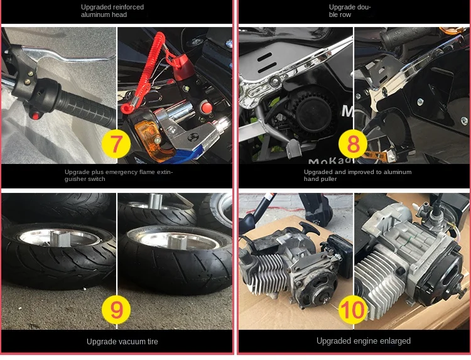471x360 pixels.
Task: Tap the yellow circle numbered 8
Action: (x=353, y=144)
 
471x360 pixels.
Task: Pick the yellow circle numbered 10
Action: (x=354, y=308)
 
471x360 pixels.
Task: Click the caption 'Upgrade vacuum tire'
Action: (x=122, y=342)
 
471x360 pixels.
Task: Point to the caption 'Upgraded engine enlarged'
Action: (x=364, y=341)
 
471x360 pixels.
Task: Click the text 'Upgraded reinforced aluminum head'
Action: (x=112, y=11)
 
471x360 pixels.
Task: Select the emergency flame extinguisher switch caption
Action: (x=118, y=175)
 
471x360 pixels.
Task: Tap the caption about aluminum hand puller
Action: (x=357, y=175)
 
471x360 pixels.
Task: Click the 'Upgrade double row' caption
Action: (x=350, y=11)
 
